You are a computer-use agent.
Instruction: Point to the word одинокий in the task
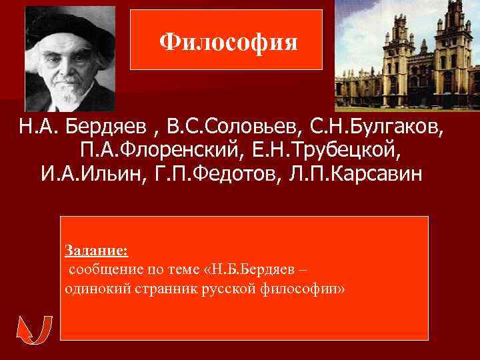coord(91,290)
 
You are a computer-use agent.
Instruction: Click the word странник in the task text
coord(150,290)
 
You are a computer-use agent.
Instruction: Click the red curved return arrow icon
coord(34,329)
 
